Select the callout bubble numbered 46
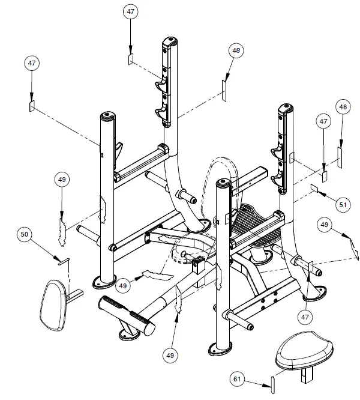[343, 107]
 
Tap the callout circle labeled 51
[343, 205]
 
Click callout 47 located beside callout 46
[323, 122]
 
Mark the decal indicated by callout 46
[339, 156]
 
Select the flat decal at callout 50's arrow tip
[64, 261]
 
